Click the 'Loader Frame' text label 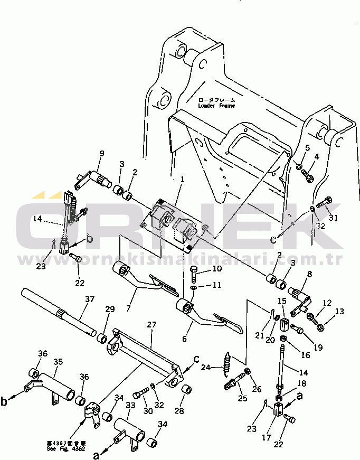click(216, 106)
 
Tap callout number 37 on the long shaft click(90, 299)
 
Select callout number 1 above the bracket click(181, 180)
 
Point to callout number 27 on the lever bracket click(151, 325)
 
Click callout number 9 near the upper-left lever click(102, 154)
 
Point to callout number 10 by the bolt click(203, 269)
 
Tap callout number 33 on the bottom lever click(130, 406)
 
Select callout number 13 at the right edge click(339, 312)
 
